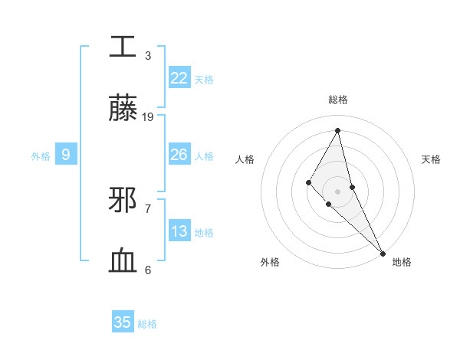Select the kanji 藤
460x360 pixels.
(124, 110)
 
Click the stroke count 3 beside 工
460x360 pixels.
(148, 55)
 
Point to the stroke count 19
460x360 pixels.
(148, 116)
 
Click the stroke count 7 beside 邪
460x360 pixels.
(148, 208)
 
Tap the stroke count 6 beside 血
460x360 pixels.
(148, 270)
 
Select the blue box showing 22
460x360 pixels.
(179, 78)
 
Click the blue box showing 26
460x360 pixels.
(179, 155)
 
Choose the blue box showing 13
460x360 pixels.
(179, 231)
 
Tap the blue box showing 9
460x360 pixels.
(66, 155)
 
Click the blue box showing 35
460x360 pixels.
(123, 322)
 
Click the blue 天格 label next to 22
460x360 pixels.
(204, 79)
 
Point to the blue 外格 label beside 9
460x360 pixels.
(41, 156)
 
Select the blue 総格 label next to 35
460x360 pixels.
(147, 323)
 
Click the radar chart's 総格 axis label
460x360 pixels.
(338, 100)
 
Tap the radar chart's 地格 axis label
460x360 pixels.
(402, 262)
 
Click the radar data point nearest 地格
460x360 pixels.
(383, 252)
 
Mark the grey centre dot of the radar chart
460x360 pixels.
(337, 191)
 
